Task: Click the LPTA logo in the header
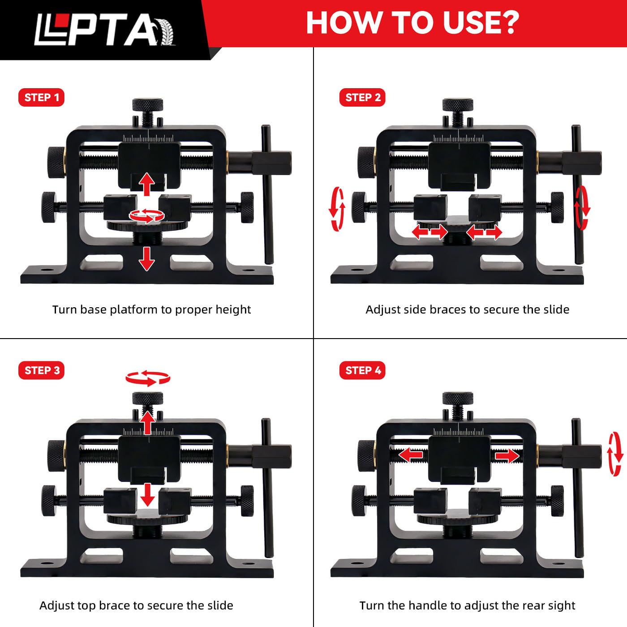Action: coord(105,29)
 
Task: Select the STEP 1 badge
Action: coord(41,98)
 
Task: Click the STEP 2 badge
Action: coord(362,98)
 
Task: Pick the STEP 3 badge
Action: coord(41,370)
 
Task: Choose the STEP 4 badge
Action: coord(362,370)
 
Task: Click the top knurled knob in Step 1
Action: coord(147,106)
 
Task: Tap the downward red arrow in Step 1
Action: coord(147,259)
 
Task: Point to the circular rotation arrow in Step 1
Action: coord(147,215)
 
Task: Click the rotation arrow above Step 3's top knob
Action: coord(148,378)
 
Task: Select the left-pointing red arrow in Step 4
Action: coord(410,455)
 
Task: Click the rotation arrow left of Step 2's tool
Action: coord(337,209)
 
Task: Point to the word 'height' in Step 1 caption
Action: coord(233,310)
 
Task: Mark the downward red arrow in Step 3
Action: coord(147,495)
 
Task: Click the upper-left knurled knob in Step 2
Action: coord(367,162)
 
